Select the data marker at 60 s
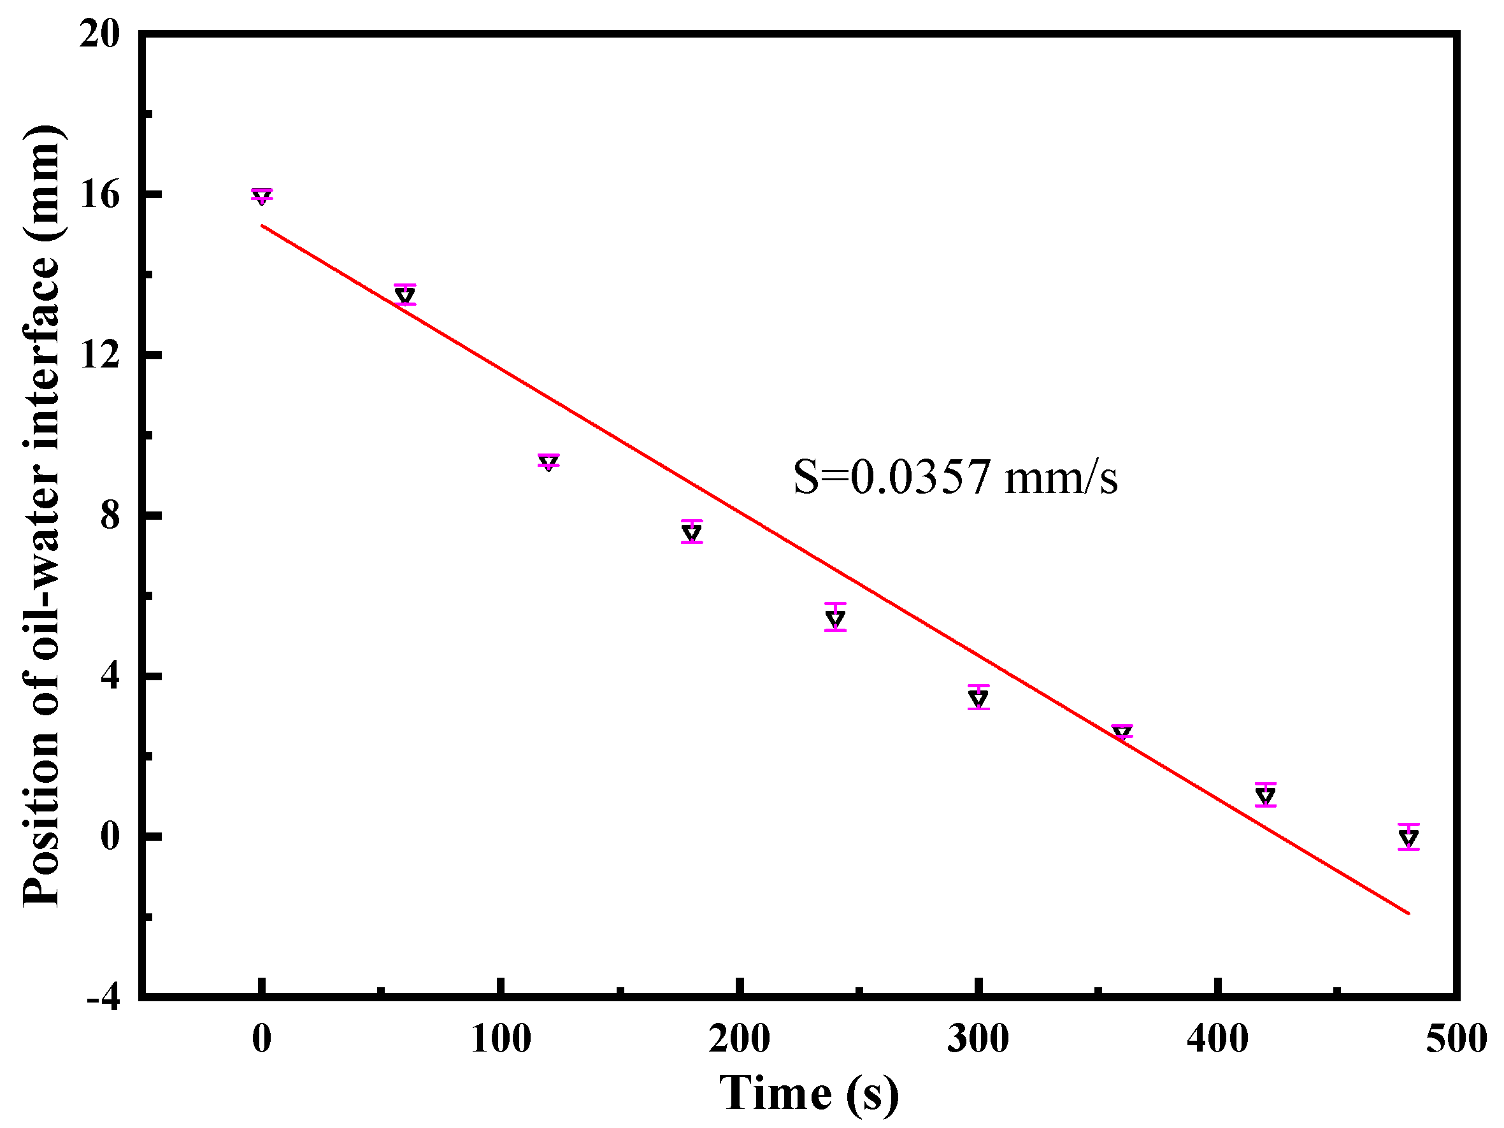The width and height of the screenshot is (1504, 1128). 405,295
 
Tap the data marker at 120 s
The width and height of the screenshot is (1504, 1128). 548,463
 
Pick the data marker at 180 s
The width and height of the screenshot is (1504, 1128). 692,532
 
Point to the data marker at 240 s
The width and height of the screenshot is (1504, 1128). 835,618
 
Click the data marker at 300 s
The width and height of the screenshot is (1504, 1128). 978,697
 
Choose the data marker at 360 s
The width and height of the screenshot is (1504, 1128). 1122,732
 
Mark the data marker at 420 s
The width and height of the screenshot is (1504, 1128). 1265,796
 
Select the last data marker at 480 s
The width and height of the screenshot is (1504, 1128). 1409,838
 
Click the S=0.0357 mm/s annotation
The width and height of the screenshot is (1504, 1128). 955,477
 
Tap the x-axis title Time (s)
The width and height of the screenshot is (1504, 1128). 808,1094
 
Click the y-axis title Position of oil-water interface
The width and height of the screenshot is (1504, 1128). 42,517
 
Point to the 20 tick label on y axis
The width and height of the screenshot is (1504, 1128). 99,34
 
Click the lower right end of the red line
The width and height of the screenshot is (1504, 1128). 1409,913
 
